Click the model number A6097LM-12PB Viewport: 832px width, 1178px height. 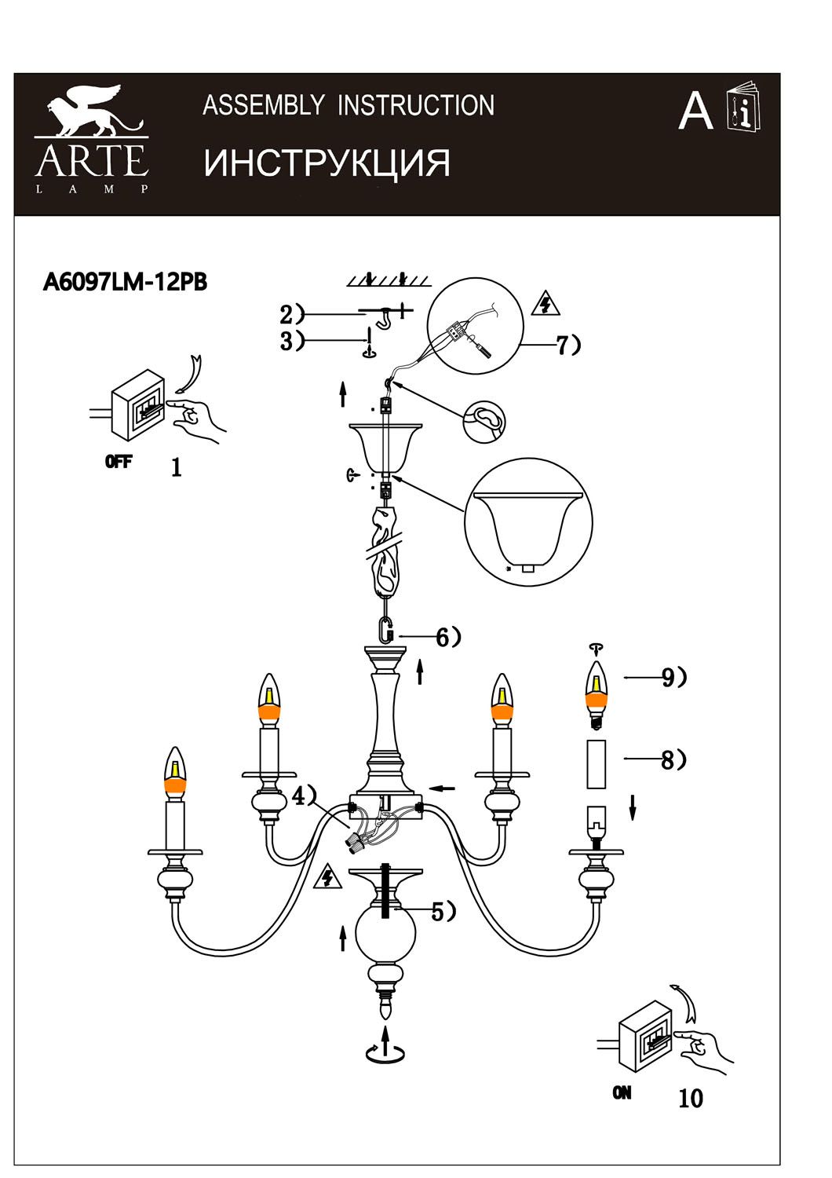[x=125, y=283]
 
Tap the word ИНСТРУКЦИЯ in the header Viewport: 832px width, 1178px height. [x=327, y=163]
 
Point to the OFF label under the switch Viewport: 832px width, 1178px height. [x=119, y=463]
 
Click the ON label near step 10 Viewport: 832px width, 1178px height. [x=621, y=1093]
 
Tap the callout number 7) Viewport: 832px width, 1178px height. [x=569, y=345]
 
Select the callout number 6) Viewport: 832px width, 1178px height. [x=448, y=638]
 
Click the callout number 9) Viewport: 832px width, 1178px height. [x=674, y=678]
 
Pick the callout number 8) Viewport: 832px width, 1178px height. [x=673, y=760]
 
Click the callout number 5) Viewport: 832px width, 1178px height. [x=443, y=913]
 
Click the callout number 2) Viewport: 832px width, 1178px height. [x=292, y=314]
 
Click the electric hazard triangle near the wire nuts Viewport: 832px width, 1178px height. [x=327, y=876]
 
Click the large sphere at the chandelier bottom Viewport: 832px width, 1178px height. [x=385, y=934]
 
